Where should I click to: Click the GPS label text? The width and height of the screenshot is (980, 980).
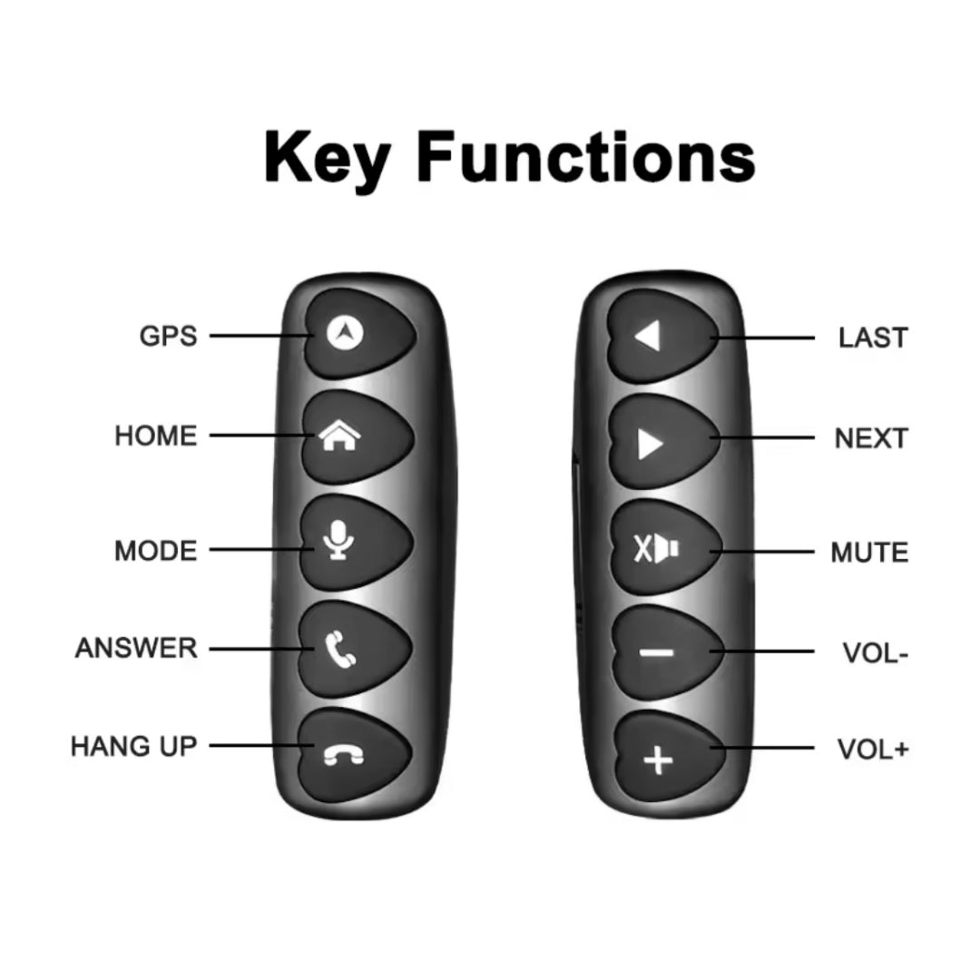tap(168, 337)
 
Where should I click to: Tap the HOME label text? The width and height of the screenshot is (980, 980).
tap(156, 436)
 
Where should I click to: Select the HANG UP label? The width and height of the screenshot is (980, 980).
tap(133, 746)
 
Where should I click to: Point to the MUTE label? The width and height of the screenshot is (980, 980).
tap(869, 553)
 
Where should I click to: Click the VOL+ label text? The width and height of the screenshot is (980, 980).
tap(873, 750)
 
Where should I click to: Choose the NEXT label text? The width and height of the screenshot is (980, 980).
tap(871, 439)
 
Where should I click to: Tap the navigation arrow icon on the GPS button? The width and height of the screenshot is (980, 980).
tap(345, 333)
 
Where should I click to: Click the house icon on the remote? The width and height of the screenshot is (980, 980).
tap(340, 435)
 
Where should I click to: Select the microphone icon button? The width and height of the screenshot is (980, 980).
tap(338, 539)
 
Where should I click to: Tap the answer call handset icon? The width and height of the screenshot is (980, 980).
tap(340, 650)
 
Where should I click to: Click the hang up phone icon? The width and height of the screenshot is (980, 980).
tap(343, 755)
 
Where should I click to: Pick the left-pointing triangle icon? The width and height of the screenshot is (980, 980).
tap(648, 337)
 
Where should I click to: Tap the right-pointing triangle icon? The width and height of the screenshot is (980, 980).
tap(650, 445)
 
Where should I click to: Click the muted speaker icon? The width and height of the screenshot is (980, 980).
tap(656, 549)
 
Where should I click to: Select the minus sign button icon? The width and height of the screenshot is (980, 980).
tap(657, 653)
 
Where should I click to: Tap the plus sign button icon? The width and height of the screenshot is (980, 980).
tap(658, 760)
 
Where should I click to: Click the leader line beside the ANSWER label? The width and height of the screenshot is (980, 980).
tap(261, 649)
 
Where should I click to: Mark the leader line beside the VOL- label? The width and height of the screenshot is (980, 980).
tap(762, 652)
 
